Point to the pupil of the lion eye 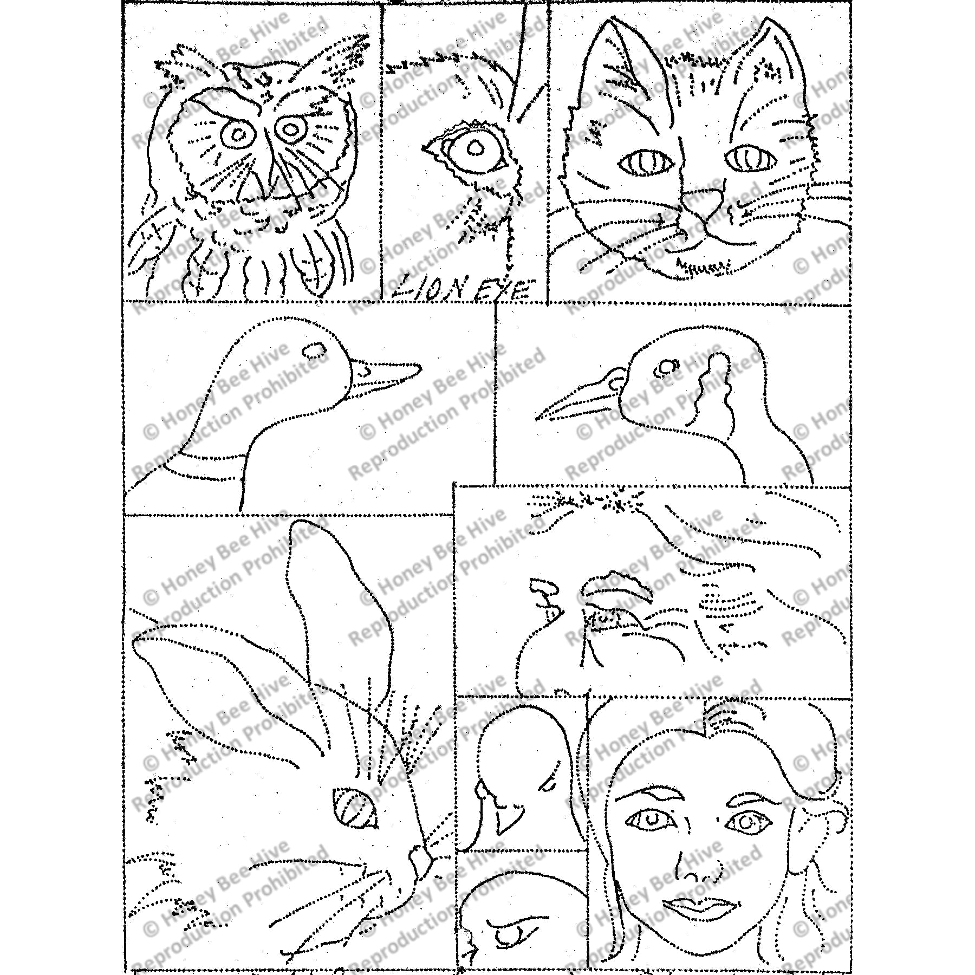pos(475,148)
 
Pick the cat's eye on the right pos(751,158)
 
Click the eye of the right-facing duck pos(315,351)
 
